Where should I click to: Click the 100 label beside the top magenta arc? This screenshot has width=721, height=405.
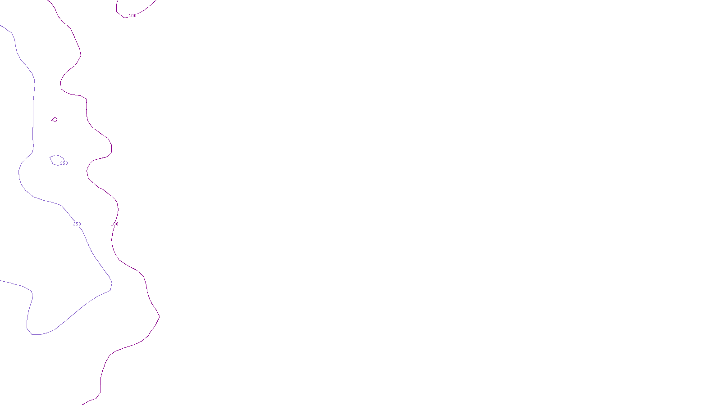(132, 16)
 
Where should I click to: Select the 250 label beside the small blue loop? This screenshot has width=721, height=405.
(64, 163)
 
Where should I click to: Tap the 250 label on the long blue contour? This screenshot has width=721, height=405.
(77, 224)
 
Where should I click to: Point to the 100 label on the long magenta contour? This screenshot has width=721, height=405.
(114, 224)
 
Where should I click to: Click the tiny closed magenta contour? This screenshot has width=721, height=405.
(55, 120)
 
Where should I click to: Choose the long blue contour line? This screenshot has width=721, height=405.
(33, 112)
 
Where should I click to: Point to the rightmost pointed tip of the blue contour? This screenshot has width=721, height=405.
(112, 283)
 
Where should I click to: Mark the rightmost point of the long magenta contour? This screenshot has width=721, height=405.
(160, 317)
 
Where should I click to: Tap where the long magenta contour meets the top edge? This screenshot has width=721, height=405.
(48, 1)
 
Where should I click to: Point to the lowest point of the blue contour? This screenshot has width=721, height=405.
(36, 334)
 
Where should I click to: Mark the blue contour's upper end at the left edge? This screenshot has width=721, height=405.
(1, 25)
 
